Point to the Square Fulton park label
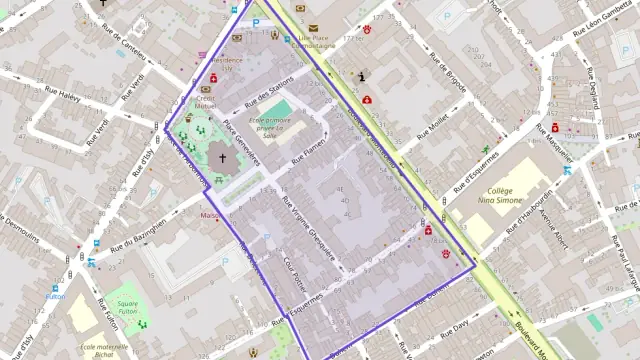pos(128,307)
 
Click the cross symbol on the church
pos(223,158)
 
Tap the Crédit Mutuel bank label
pos(207,103)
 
